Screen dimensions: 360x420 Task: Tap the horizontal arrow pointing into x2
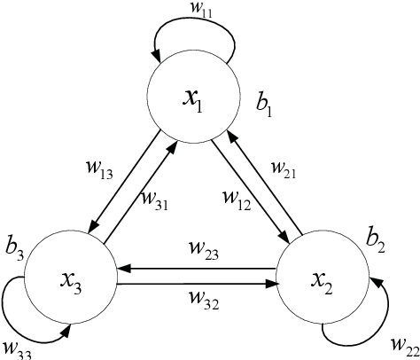[197, 284]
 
